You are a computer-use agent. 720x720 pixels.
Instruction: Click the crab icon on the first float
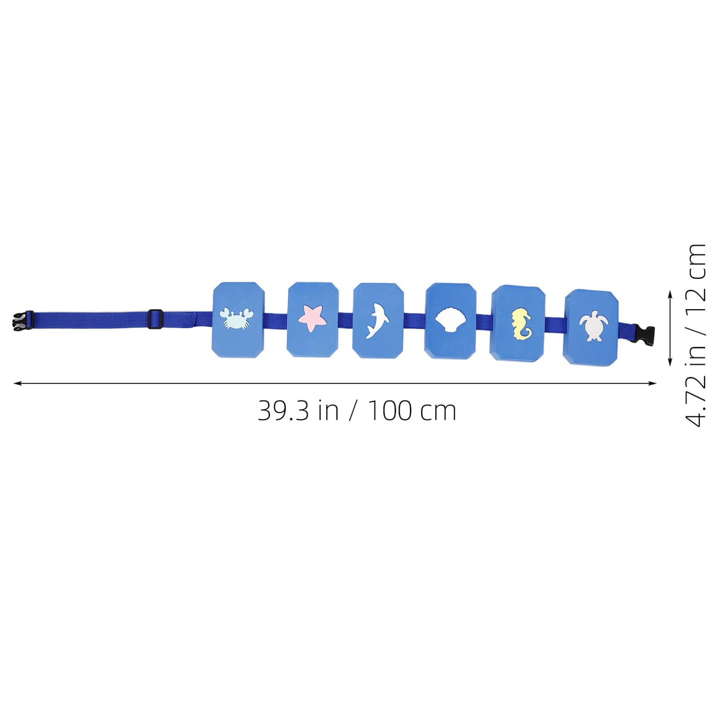click(x=233, y=319)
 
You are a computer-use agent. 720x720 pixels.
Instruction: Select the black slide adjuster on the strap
click(x=155, y=319)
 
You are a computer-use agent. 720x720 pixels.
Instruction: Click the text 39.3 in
click(x=298, y=410)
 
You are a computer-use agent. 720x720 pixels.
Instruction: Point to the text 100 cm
click(x=412, y=410)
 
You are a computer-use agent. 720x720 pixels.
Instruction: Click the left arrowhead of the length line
click(x=17, y=383)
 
